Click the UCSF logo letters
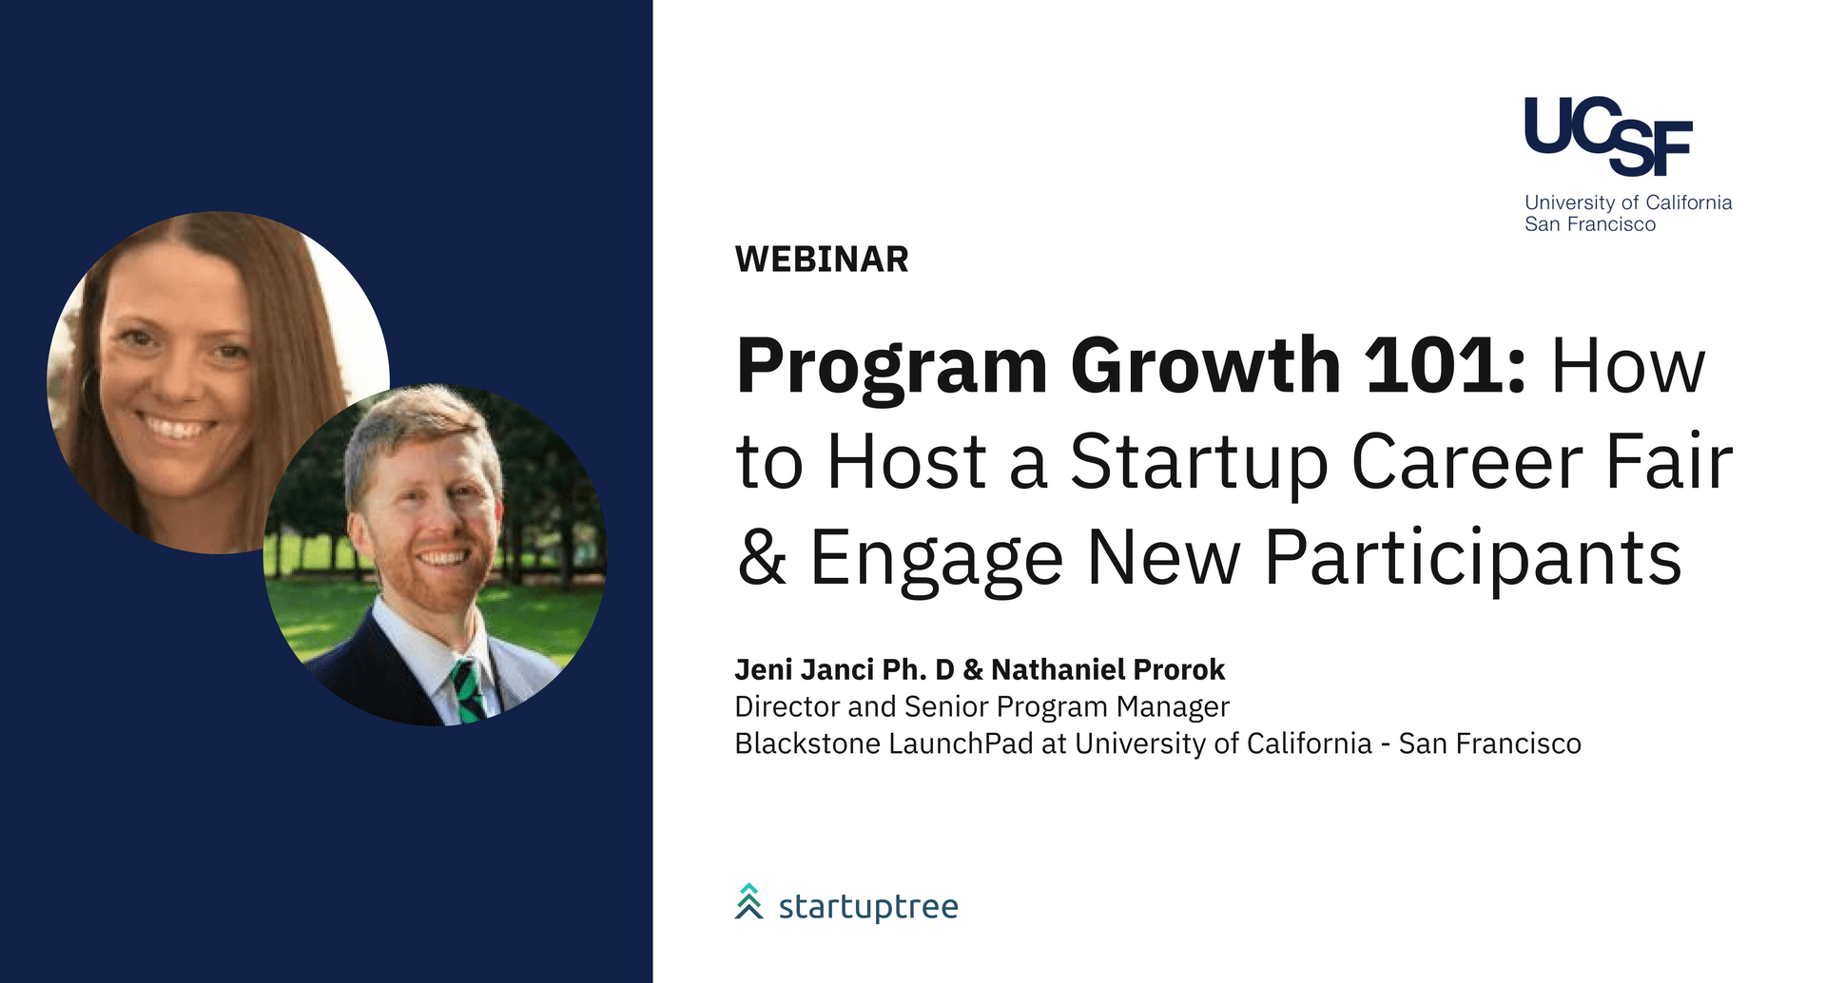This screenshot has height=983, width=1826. [1608, 136]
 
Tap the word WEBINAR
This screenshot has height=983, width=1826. [822, 260]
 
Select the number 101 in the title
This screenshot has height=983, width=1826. [1445, 365]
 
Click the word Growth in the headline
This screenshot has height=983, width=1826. [1206, 365]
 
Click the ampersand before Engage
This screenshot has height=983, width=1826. [762, 557]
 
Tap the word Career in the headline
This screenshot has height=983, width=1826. [1467, 462]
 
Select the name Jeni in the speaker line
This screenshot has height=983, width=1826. [763, 670]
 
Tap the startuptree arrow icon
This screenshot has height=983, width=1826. [749, 901]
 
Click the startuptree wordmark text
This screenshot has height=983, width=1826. [868, 907]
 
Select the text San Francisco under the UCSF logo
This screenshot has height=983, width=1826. [1590, 224]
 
